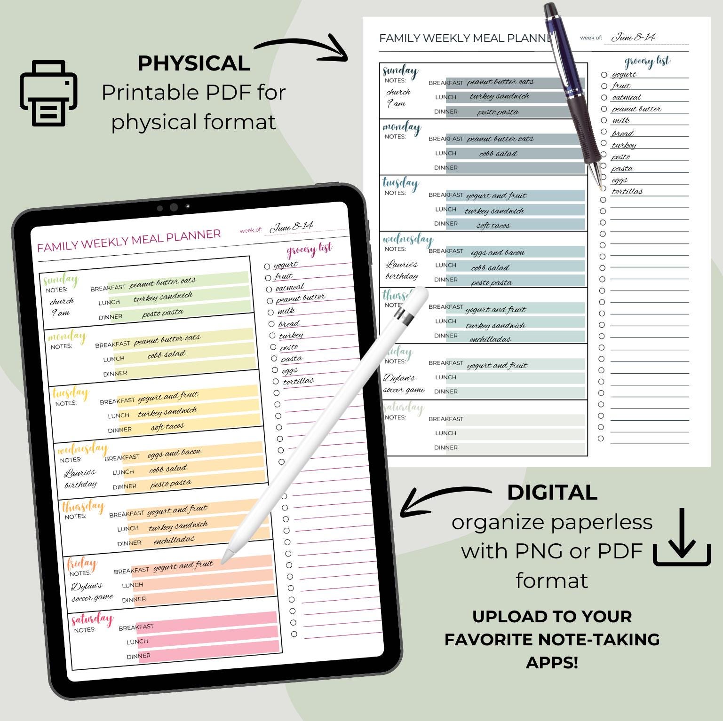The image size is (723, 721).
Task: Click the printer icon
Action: point(48,93)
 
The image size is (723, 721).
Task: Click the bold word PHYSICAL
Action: point(193,63)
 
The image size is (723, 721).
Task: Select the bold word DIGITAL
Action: point(552,493)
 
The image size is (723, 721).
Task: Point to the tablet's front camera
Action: point(174,207)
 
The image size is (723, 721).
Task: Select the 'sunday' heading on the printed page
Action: point(400,71)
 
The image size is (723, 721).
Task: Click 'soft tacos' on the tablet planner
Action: point(167,427)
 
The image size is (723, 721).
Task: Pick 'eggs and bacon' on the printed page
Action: point(497,252)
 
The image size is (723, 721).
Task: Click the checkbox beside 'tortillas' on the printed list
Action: point(604,188)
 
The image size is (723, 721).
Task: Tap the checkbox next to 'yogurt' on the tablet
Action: point(267,266)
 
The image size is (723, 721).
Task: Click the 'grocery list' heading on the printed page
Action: point(647,62)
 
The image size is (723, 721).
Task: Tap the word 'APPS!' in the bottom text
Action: point(552,662)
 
